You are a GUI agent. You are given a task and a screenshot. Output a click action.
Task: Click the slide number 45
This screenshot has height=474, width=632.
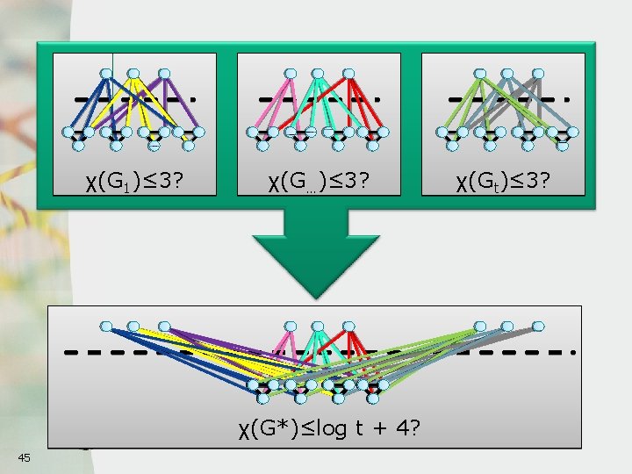coord(24,456)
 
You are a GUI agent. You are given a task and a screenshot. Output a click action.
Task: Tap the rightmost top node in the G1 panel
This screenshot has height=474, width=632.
coord(163,73)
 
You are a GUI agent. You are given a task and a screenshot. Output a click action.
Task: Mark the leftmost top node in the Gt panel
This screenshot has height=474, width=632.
coord(479,73)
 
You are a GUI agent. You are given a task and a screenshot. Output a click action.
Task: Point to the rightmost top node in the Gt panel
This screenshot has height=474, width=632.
coord(537,73)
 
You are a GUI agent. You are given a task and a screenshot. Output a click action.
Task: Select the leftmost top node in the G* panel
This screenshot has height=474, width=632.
coord(106,327)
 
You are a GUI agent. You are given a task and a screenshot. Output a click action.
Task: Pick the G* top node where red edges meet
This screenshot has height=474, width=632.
coord(350,327)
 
